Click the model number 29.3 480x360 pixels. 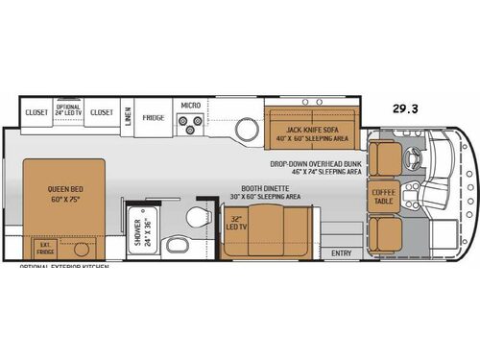point(404,109)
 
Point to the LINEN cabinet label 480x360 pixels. point(127,116)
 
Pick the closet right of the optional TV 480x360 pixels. point(102,111)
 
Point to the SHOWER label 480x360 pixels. point(137,231)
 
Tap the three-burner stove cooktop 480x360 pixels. point(191,123)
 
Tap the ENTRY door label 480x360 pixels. point(341,252)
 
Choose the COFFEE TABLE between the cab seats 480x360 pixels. point(383,198)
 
